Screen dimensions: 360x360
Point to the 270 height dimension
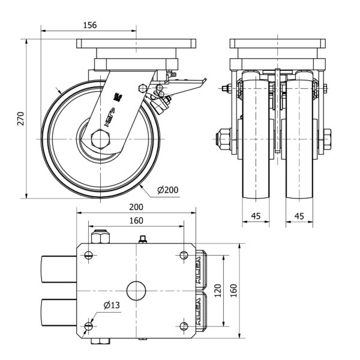point(20,118)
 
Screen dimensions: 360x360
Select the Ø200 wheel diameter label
point(168,190)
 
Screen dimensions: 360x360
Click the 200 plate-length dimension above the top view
point(136,206)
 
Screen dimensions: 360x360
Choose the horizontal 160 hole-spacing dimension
point(136,220)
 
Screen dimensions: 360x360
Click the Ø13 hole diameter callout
point(112,305)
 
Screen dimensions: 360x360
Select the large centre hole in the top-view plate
point(137,290)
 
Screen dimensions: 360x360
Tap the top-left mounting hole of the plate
point(89,256)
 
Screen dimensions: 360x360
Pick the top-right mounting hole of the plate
point(184,256)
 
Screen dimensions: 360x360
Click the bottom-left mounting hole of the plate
point(89,326)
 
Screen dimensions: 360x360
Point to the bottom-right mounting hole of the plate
point(184,326)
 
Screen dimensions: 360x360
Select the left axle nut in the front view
point(224,139)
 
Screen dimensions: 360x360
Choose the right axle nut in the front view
point(328,139)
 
